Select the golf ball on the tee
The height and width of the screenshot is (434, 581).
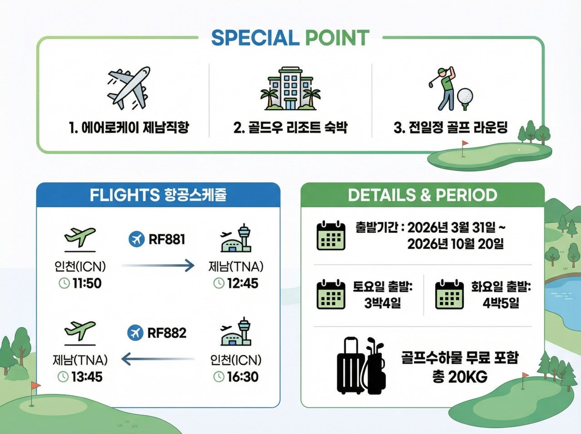(464, 98)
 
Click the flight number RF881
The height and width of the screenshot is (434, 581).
(167, 239)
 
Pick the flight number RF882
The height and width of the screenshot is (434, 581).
(167, 333)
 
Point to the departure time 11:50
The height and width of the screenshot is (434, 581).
(86, 284)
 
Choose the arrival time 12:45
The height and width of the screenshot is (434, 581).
(242, 284)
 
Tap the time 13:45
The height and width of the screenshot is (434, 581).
(86, 377)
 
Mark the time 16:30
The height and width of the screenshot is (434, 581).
(242, 377)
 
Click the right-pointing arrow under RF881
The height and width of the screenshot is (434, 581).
(158, 266)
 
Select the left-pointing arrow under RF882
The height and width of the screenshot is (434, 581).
(158, 360)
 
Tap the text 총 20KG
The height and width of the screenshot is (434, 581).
(459, 376)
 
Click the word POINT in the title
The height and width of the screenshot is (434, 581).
(337, 38)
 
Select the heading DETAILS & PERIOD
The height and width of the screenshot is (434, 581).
(422, 195)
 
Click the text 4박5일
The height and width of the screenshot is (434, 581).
(501, 303)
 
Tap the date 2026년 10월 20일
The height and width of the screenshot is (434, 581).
(455, 244)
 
